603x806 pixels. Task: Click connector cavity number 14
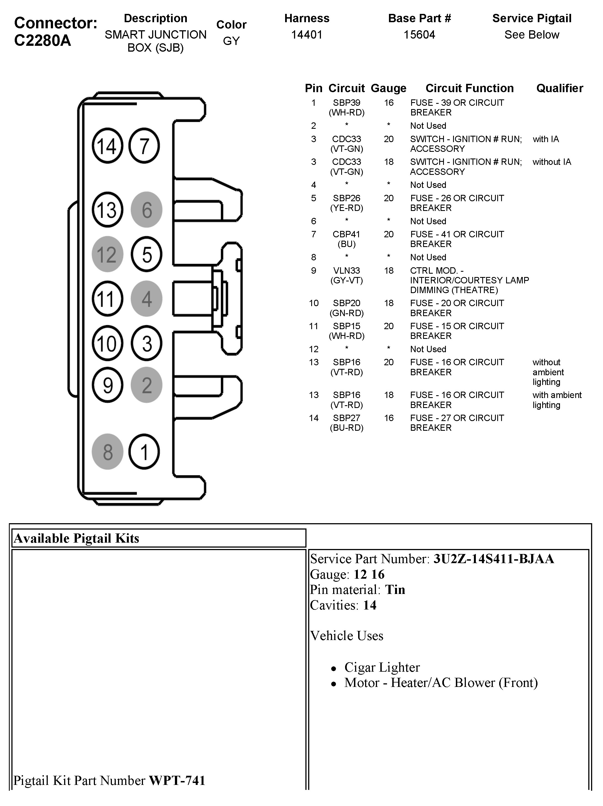tap(107, 146)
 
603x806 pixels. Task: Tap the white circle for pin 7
tap(144, 146)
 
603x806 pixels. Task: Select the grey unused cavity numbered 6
tap(147, 210)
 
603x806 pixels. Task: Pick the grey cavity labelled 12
tap(107, 254)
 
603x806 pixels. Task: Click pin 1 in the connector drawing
tap(144, 452)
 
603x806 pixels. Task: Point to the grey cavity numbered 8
tap(107, 452)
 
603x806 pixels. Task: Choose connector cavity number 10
tap(107, 344)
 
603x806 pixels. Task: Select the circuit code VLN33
tap(346, 271)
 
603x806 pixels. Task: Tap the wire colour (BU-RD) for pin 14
tap(346, 428)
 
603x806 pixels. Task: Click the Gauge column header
tap(388, 88)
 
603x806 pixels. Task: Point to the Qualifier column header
tap(559, 88)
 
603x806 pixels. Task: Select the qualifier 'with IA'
tap(546, 139)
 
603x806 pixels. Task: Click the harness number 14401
tap(306, 35)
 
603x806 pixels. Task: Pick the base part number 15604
tap(419, 35)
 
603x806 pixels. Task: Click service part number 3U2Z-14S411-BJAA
tap(493, 559)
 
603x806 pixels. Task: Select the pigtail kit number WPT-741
tap(177, 780)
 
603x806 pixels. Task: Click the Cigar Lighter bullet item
tap(382, 667)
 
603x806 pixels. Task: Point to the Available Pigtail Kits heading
tap(77, 538)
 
